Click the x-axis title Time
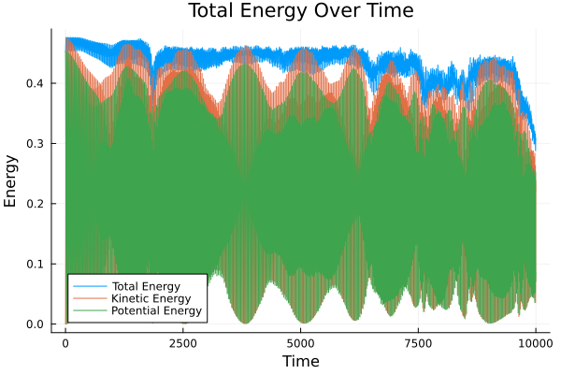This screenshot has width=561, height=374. (x=300, y=361)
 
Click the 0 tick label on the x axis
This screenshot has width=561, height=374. (x=65, y=342)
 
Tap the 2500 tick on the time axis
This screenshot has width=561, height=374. (x=183, y=342)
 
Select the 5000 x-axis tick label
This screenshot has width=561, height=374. (x=300, y=342)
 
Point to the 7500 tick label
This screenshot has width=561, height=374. (x=418, y=342)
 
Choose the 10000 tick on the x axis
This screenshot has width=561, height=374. (x=535, y=342)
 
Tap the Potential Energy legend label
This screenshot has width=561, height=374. (x=154, y=310)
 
